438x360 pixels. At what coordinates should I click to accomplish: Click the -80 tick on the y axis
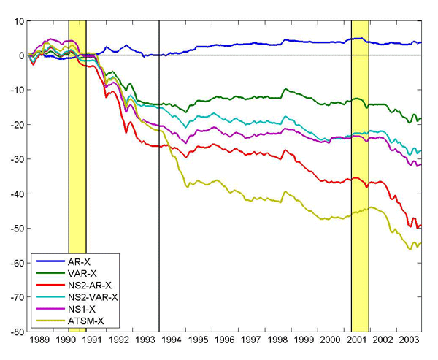tap(15, 332)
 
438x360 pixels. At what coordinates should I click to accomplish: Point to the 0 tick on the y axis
tap(20, 55)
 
